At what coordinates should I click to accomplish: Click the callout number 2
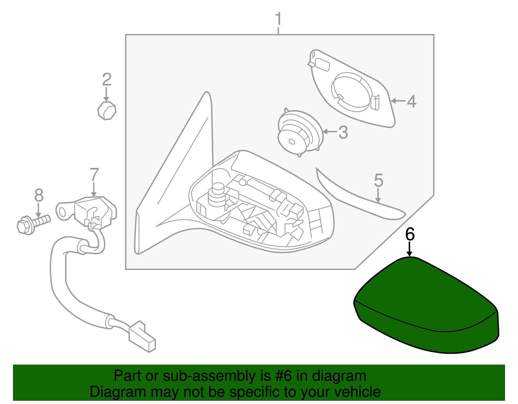pos(107,80)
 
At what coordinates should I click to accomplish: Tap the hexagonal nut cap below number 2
pos(107,110)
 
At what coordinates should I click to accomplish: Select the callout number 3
pos(343,133)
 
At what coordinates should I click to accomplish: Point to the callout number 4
pos(411,102)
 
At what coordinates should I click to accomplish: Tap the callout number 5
pos(378,180)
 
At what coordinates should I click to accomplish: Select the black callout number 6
pos(410,234)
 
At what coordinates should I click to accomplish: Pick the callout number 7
pos(94,175)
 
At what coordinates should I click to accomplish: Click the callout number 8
pos(39,196)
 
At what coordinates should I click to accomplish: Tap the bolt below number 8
pos(32,223)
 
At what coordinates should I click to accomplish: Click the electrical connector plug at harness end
pos(142,336)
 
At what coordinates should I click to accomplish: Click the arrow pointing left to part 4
pos(398,101)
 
